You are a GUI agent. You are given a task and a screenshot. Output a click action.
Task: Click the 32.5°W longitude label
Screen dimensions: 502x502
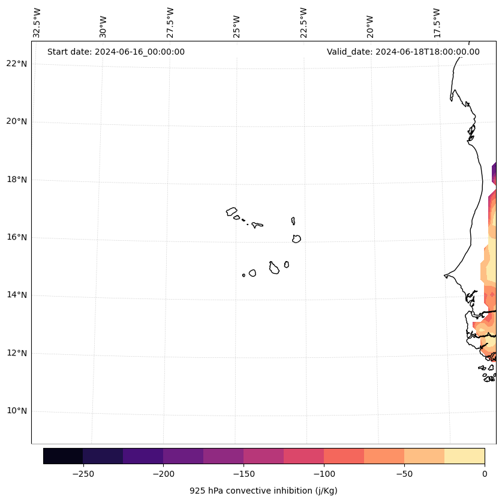[x=37, y=23]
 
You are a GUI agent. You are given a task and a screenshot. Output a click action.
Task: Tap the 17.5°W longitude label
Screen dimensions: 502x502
[x=437, y=23]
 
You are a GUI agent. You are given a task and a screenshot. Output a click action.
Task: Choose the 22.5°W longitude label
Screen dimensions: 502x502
[x=303, y=23]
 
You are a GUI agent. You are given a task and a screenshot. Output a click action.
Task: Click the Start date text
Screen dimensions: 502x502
[x=116, y=52]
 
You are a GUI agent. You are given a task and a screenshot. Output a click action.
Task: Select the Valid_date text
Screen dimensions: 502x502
[x=403, y=52]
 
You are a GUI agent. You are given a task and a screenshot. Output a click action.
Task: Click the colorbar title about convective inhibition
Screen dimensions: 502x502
[x=263, y=491]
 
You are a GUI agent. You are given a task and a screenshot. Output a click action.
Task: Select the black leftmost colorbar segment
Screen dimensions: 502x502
[x=63, y=456]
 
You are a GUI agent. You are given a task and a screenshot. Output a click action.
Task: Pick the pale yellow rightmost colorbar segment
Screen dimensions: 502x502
[x=464, y=456]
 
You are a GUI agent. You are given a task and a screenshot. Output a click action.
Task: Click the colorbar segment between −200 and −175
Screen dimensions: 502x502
[x=183, y=456]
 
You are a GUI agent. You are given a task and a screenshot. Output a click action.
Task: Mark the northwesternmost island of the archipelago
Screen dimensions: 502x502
[x=232, y=211]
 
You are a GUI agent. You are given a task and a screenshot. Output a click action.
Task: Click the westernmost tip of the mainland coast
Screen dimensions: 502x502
[x=445, y=276]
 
